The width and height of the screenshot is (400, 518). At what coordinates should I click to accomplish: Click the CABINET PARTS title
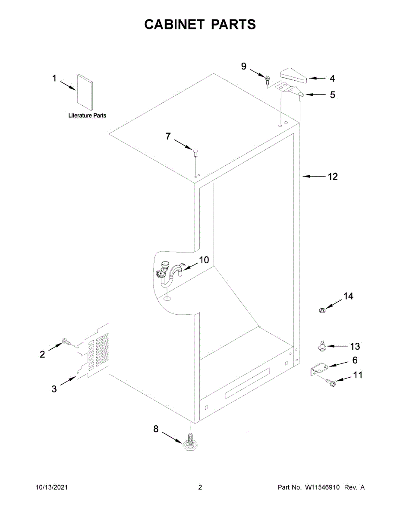coord(200,25)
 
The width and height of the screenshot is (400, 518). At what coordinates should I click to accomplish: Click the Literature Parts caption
coord(87,116)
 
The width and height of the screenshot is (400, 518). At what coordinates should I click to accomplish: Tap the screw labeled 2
coord(67,341)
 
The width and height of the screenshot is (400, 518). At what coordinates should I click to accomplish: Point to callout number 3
coord(54,389)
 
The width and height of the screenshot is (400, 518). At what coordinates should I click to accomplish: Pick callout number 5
coord(332,95)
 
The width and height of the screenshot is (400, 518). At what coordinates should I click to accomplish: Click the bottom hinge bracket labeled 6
coord(318,368)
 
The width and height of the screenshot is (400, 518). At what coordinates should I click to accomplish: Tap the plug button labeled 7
coord(195,151)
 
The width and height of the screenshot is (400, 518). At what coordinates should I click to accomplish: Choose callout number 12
coord(333,177)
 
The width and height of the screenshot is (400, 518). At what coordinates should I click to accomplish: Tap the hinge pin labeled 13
coord(321,345)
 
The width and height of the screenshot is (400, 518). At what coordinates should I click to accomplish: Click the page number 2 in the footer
coord(200,487)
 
